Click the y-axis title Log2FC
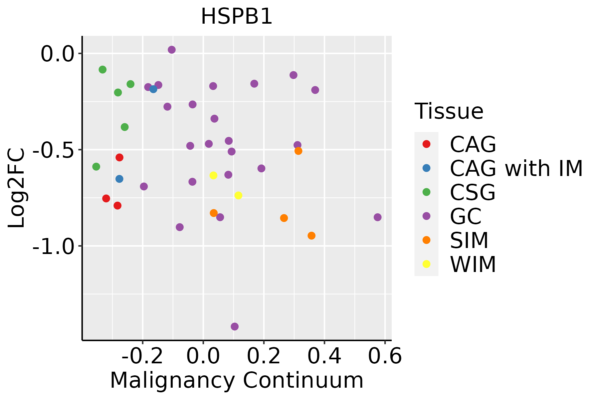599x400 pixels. (17, 188)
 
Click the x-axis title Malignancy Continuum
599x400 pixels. (237, 381)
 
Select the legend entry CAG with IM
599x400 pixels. (516, 168)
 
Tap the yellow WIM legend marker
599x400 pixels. (426, 264)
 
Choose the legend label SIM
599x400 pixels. (469, 240)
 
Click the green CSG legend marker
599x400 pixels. (426, 192)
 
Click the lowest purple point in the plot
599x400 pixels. (235, 326)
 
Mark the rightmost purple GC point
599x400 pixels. (377, 217)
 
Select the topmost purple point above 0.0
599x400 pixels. (172, 50)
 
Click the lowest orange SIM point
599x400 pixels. (311, 236)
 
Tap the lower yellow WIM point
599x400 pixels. (238, 195)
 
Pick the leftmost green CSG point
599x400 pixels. (96, 167)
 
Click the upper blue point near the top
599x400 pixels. (153, 89)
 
